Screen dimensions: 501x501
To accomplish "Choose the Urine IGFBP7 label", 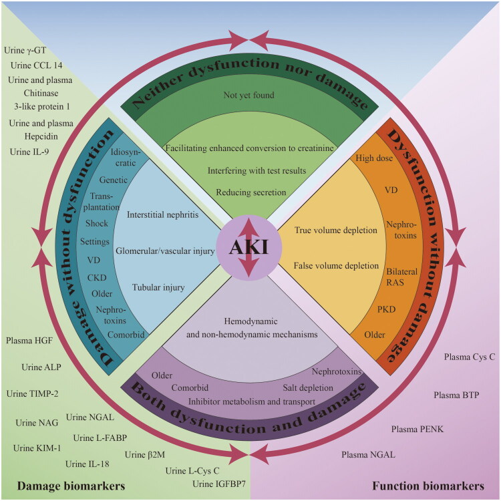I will pyautogui.click(x=216, y=484).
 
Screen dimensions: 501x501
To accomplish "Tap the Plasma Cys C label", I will pyautogui.click(x=470, y=357).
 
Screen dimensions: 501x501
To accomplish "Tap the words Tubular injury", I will pyautogui.click(x=158, y=287).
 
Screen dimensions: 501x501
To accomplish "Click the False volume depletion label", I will pyautogui.click(x=335, y=266).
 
